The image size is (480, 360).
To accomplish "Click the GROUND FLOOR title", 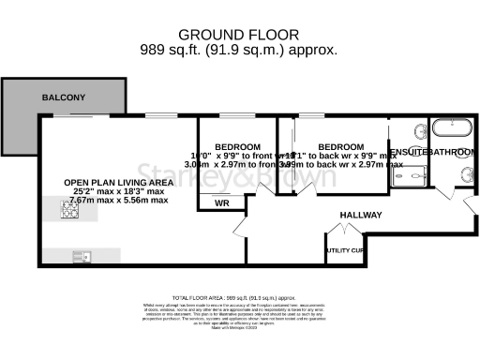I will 239,31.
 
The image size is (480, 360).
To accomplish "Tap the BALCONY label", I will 63,97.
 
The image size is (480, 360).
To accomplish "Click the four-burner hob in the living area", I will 69,211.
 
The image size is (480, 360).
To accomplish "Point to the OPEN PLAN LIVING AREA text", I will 103,182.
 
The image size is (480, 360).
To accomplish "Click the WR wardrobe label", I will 222,202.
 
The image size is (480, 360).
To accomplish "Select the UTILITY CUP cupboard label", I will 344,250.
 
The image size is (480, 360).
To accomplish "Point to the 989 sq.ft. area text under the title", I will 239,49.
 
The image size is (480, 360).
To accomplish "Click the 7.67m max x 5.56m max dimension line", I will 103,201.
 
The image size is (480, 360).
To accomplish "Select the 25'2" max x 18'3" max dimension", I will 103,191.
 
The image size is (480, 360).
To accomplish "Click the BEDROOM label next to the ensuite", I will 340,148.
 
